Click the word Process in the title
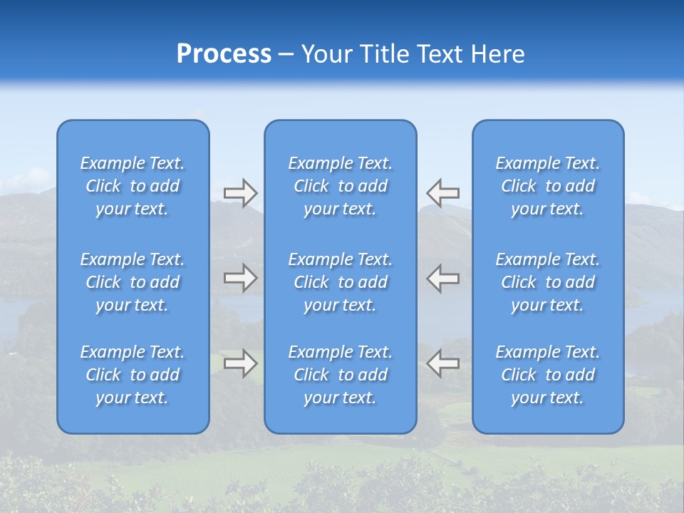click(224, 54)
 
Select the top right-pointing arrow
click(241, 193)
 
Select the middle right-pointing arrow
click(241, 278)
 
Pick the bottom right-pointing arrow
click(241, 363)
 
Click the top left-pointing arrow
click(443, 193)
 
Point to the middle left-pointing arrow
click(443, 278)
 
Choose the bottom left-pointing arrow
click(443, 363)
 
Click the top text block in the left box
click(133, 186)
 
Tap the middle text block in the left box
click(133, 282)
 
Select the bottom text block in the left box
click(133, 375)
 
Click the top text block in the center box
click(341, 186)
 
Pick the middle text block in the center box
click(341, 282)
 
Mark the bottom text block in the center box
click(341, 375)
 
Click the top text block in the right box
click(548, 186)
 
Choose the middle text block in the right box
click(548, 282)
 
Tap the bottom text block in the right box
click(548, 375)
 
